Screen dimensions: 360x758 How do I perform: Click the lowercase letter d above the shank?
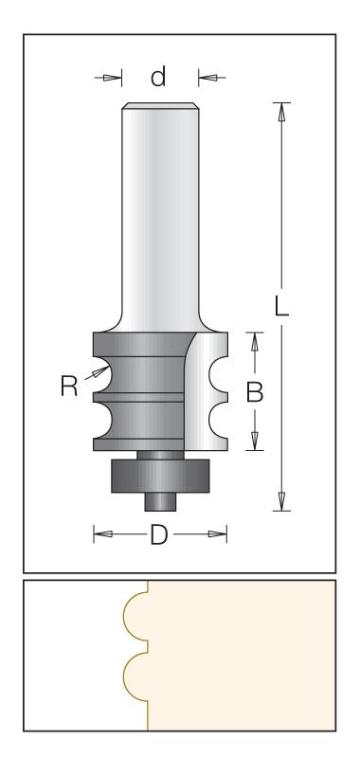158,77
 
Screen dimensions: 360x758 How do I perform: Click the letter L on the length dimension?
281,305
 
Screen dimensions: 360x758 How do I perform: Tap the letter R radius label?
69,387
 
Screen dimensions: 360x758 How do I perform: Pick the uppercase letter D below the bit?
159,534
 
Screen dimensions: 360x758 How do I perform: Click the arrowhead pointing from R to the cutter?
101,371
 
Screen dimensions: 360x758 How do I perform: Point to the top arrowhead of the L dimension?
281,111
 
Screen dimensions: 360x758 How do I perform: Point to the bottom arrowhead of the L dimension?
281,502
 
